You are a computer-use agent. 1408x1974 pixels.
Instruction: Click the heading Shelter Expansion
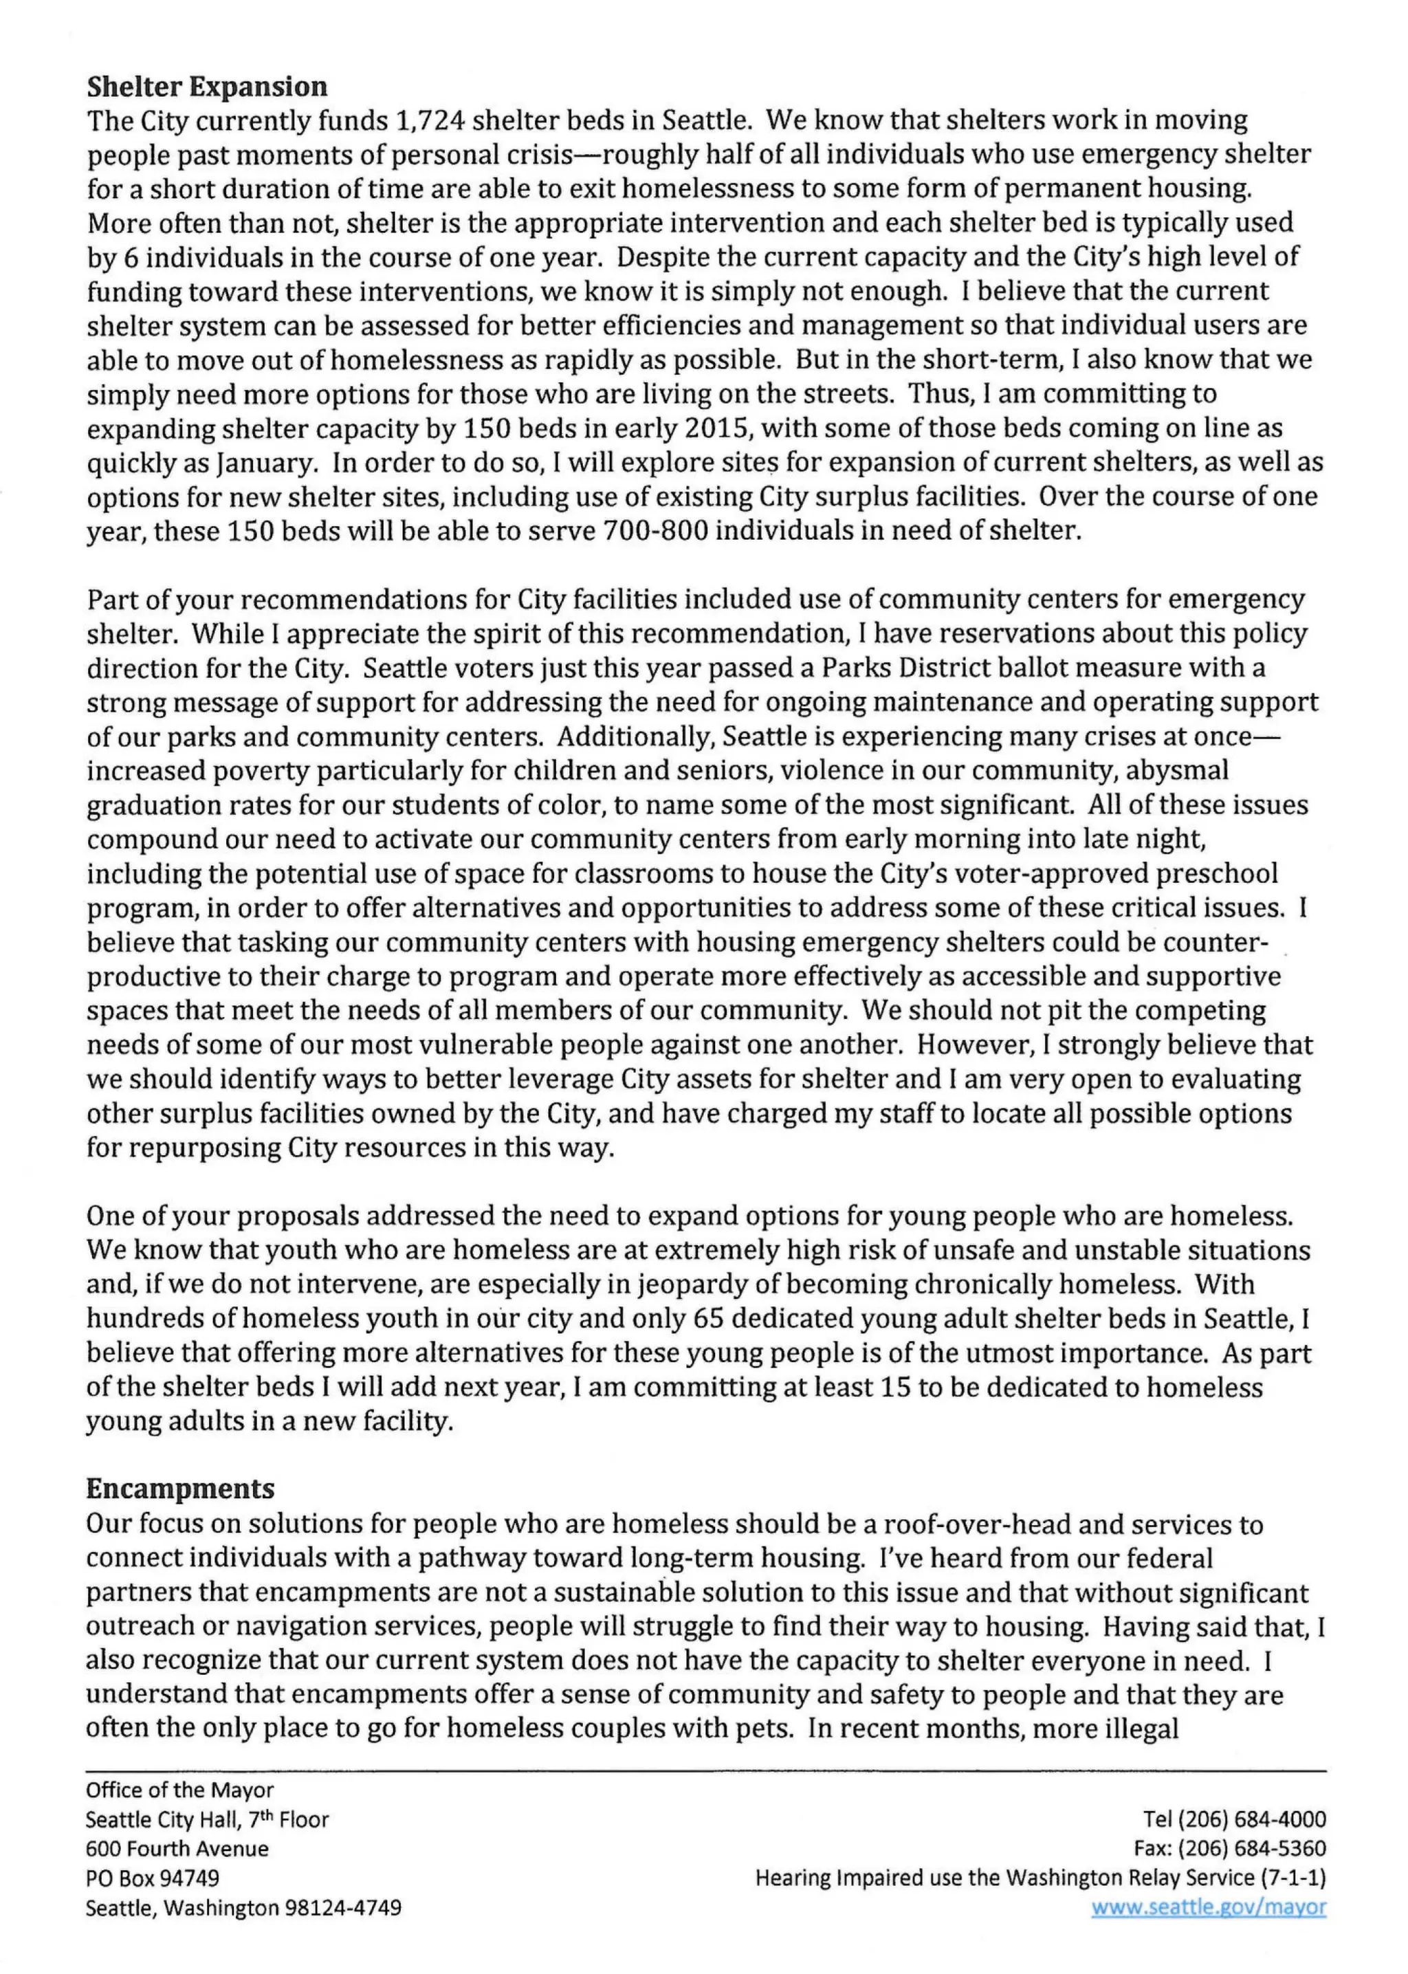pyautogui.click(x=206, y=87)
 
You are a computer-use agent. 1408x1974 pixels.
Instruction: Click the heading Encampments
pyautogui.click(x=179, y=1489)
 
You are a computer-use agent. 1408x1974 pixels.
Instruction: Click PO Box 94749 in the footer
pyautogui.click(x=152, y=1878)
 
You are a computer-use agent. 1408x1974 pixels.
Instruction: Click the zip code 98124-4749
pyautogui.click(x=342, y=1908)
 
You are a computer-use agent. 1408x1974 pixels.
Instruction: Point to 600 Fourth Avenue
pyautogui.click(x=177, y=1848)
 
